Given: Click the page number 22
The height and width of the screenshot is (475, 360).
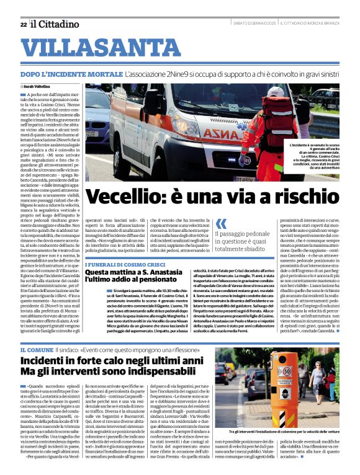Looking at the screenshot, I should (x=23, y=24).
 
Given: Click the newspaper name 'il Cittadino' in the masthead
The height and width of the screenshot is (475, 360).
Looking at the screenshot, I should (x=56, y=24).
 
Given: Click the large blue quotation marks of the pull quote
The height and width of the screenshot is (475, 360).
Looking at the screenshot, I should (x=221, y=223).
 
